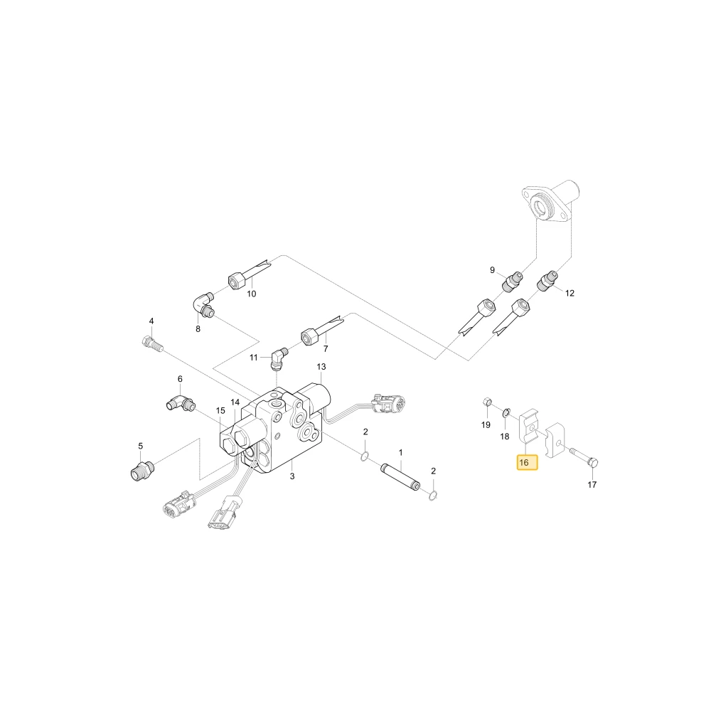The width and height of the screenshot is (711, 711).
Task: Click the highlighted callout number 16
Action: point(528,463)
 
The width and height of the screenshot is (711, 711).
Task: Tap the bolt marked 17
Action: point(584,456)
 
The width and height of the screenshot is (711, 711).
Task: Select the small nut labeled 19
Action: point(486,401)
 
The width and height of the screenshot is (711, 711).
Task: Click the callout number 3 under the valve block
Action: point(292,476)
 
